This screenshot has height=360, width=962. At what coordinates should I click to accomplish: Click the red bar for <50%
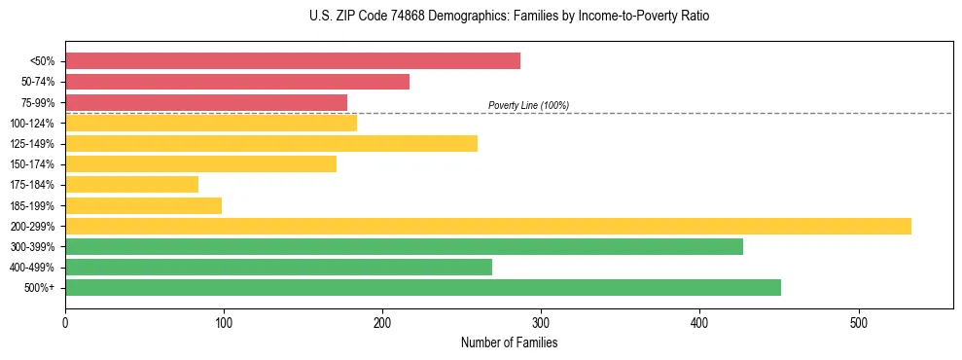click(292, 61)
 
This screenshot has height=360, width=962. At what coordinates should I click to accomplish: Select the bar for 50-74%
click(236, 82)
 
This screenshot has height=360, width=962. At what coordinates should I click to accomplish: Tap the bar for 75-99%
click(205, 102)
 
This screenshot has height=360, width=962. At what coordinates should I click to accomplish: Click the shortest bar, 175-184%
click(131, 185)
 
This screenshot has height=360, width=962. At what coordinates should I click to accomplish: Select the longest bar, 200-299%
click(487, 227)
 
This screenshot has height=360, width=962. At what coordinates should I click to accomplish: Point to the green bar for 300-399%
click(404, 247)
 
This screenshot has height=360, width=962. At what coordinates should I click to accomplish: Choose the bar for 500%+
click(422, 288)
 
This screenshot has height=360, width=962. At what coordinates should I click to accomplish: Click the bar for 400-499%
click(278, 268)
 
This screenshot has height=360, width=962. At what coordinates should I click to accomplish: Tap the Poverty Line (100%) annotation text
click(528, 105)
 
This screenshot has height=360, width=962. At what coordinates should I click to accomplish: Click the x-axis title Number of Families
click(509, 342)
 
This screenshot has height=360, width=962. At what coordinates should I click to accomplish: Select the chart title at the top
click(509, 17)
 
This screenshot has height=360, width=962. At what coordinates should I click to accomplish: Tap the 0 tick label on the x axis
click(65, 322)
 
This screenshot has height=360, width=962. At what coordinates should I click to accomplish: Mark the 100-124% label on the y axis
click(32, 124)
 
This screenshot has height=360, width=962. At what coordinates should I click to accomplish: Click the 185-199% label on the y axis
click(32, 206)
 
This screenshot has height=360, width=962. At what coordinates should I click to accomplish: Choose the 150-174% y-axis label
click(32, 164)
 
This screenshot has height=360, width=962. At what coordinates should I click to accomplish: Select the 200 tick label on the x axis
click(382, 322)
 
